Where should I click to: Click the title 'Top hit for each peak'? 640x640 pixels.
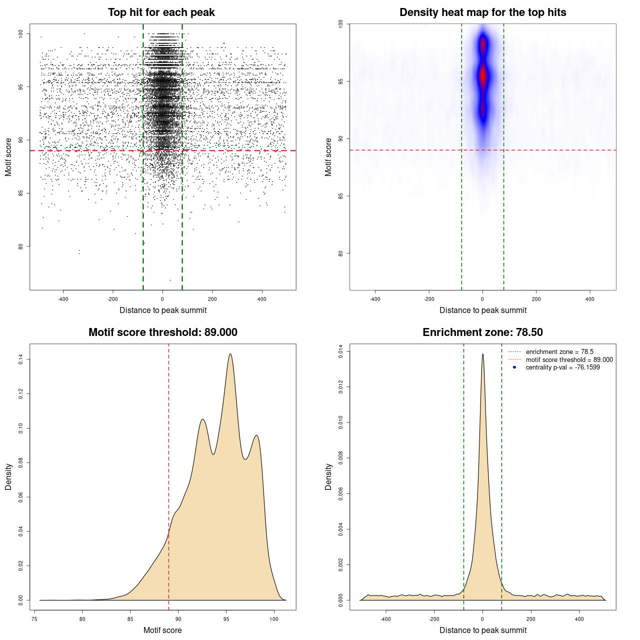pyautogui.click(x=161, y=12)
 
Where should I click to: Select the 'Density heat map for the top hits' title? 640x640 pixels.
pyautogui.click(x=482, y=12)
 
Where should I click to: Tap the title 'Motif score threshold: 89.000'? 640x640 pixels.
pyautogui.click(x=162, y=332)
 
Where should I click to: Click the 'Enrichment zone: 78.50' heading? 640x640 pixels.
pyautogui.click(x=482, y=332)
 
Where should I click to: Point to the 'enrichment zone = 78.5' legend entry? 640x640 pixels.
pyautogui.click(x=559, y=352)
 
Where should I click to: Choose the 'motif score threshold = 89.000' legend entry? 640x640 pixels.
pyautogui.click(x=569, y=359)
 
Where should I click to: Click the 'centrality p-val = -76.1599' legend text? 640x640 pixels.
pyautogui.click(x=562, y=367)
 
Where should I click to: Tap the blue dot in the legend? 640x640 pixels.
pyautogui.click(x=514, y=367)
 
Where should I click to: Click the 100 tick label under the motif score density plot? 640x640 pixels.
pyautogui.click(x=274, y=619)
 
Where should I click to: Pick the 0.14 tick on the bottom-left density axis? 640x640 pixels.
pyautogui.click(x=20, y=359)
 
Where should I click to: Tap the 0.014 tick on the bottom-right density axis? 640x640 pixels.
pyautogui.click(x=340, y=351)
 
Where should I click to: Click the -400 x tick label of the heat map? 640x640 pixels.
pyautogui.click(x=375, y=299)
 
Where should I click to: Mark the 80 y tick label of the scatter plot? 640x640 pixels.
pyautogui.click(x=20, y=246)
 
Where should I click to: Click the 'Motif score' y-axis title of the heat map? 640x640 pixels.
pyautogui.click(x=328, y=157)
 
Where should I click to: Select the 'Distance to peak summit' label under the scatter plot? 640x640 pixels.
pyautogui.click(x=163, y=310)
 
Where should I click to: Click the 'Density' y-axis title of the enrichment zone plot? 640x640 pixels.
pyautogui.click(x=328, y=476)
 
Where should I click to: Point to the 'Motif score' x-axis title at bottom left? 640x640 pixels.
pyautogui.click(x=162, y=630)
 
